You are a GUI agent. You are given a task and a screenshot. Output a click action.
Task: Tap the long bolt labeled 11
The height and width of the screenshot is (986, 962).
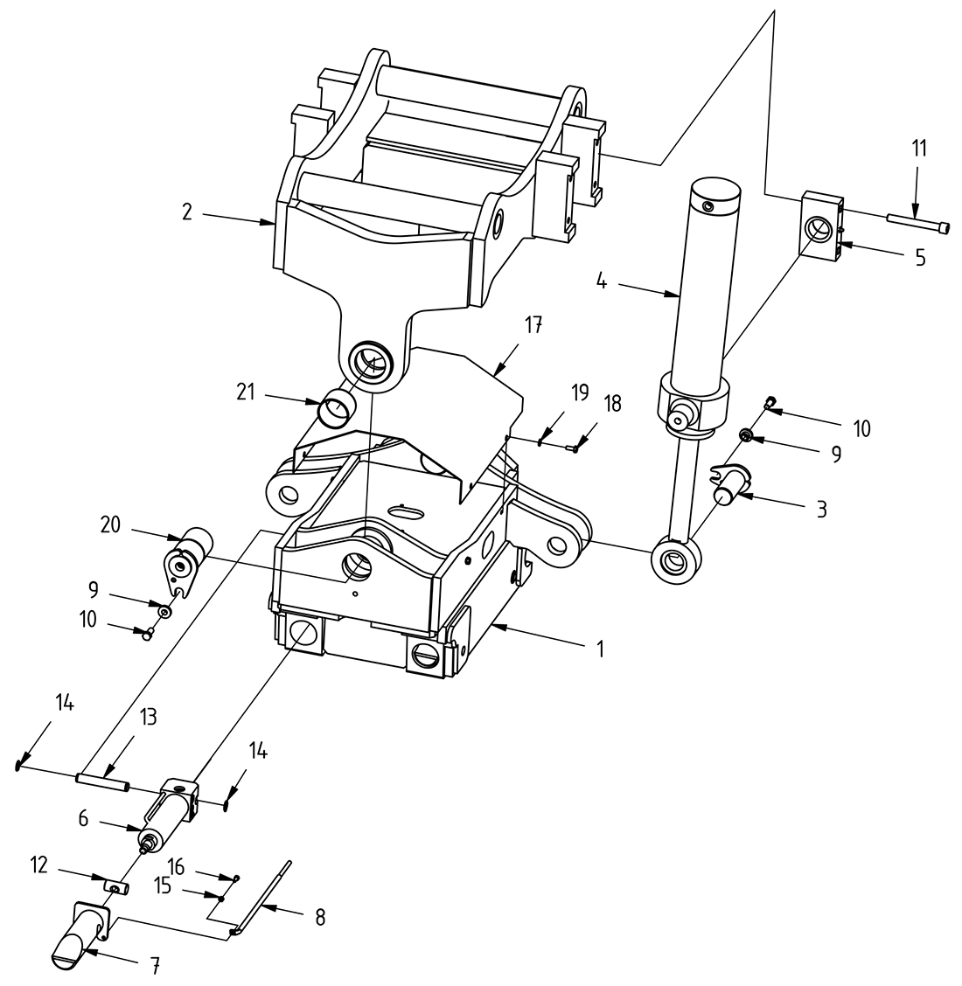[x=914, y=222]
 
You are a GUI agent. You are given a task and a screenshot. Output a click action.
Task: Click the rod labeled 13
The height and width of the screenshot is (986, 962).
[x=102, y=778]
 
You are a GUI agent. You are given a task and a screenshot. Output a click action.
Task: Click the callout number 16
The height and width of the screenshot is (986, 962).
[x=176, y=867]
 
